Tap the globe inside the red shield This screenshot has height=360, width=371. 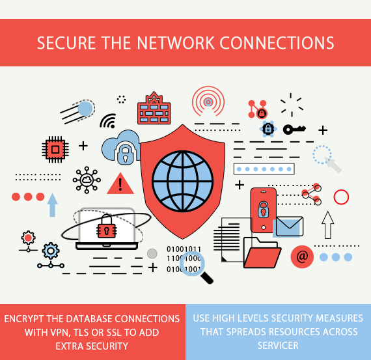(x=183, y=174)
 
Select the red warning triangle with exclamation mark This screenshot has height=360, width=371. (x=120, y=184)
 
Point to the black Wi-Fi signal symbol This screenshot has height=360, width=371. (x=107, y=120)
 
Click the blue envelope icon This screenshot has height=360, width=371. (x=288, y=227)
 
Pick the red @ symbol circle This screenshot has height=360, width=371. (x=301, y=256)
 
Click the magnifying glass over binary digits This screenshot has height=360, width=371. (x=194, y=265)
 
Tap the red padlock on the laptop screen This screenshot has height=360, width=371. (x=105, y=228)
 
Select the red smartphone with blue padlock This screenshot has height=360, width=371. (x=263, y=210)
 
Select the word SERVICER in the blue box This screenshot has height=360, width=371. (x=278, y=345)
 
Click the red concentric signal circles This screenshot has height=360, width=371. (x=208, y=102)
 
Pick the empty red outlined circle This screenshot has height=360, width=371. (x=341, y=196)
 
